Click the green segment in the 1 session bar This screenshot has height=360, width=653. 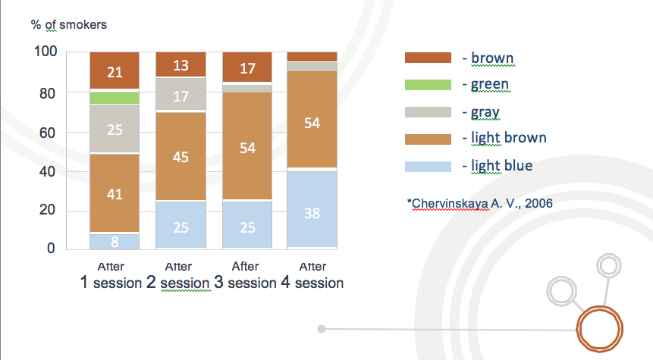[x=115, y=98]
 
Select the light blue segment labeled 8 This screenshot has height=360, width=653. [x=115, y=242]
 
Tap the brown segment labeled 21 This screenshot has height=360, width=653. [x=115, y=70]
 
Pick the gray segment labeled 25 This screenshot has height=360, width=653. [x=115, y=129]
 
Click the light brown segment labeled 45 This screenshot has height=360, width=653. [x=181, y=156]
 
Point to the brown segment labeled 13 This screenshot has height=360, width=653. [x=181, y=64]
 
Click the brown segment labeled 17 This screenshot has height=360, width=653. [x=247, y=67]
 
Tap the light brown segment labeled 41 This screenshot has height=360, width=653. [x=115, y=193]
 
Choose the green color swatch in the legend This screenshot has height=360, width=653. [x=428, y=85]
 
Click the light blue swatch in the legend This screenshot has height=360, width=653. [x=428, y=167]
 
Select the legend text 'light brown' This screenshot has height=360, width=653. [x=508, y=138]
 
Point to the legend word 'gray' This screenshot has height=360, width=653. [x=485, y=112]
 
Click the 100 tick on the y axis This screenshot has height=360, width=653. [x=46, y=52]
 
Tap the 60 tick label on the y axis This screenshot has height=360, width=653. [x=48, y=133]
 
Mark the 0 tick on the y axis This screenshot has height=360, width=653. [x=51, y=249]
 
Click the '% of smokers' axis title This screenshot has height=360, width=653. [x=69, y=25]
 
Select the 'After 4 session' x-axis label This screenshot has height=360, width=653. [x=312, y=276]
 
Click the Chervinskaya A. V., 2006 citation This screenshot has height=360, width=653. [x=480, y=204]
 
